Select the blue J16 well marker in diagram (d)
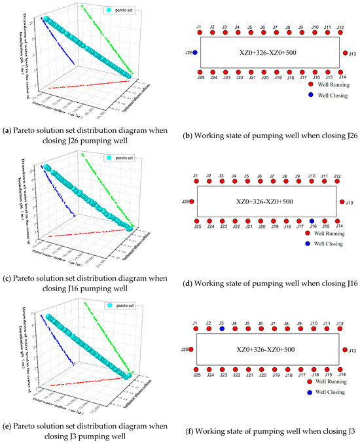click(312, 221)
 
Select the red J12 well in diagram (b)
click(340, 32)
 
